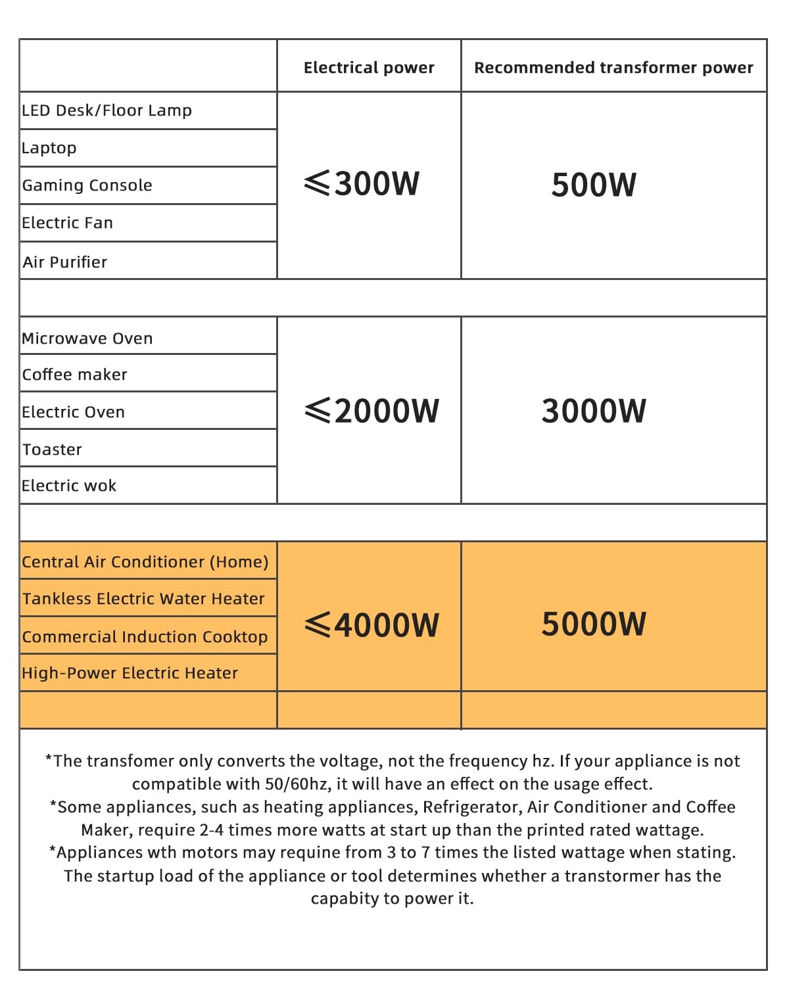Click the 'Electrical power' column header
(x=369, y=68)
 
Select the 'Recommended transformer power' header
(x=613, y=68)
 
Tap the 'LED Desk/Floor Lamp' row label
(x=107, y=110)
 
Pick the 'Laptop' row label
(x=49, y=148)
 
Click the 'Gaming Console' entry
(x=87, y=185)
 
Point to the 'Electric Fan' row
(x=67, y=223)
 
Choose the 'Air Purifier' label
(x=64, y=262)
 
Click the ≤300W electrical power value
(x=362, y=183)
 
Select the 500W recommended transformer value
(x=593, y=185)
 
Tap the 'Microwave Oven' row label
(x=87, y=339)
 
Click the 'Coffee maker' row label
(x=74, y=375)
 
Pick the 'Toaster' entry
(x=52, y=450)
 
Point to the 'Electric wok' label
(x=69, y=486)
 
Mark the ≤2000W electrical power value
(x=371, y=411)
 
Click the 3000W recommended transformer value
(x=593, y=411)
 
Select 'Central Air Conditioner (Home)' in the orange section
(x=145, y=562)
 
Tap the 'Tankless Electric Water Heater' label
(x=143, y=599)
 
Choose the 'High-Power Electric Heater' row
(x=130, y=673)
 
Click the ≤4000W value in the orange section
(x=371, y=624)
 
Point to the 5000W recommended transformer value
(x=593, y=624)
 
